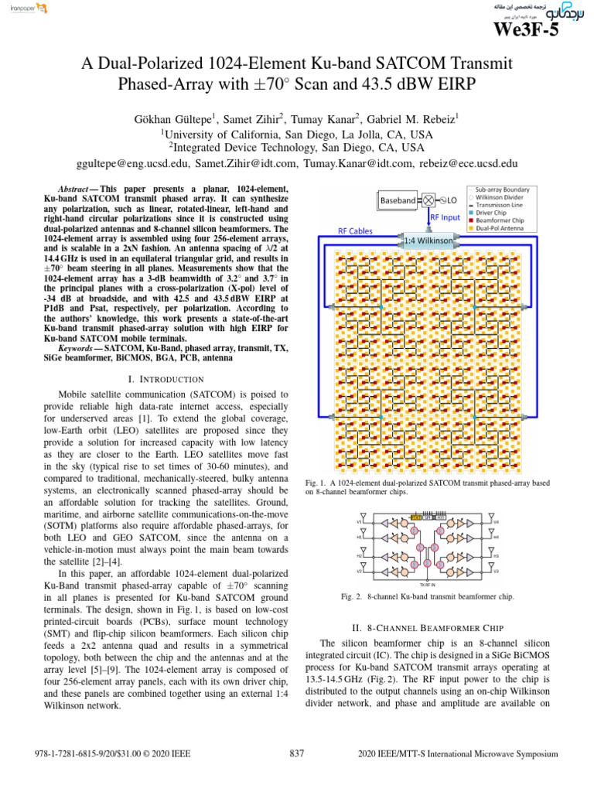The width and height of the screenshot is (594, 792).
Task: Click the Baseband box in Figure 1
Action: coord(398,200)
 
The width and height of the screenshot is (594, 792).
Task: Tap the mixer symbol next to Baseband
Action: coord(428,200)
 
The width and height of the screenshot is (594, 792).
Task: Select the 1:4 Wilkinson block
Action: coord(428,241)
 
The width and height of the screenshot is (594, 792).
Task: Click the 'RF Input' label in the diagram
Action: coord(445,218)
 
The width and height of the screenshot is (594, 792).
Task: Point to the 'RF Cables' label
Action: coord(355,230)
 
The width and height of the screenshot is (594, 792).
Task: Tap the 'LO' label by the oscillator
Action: coord(452,200)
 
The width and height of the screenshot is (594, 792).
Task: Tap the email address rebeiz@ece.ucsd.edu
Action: coord(469,164)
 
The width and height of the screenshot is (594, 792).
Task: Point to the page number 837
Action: coord(296,753)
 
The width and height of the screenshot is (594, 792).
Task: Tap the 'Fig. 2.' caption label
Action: coord(352,596)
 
